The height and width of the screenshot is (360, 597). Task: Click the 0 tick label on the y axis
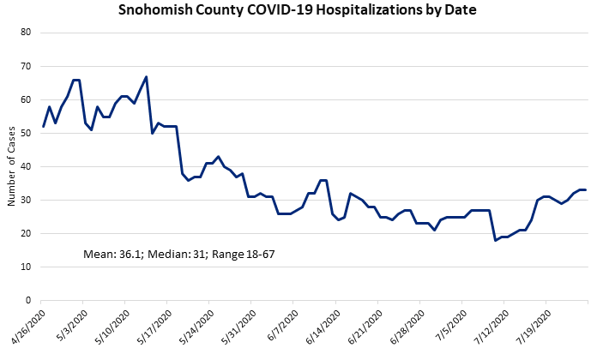27,301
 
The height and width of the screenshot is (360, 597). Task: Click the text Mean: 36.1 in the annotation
110,255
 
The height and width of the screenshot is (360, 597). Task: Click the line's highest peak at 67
147,77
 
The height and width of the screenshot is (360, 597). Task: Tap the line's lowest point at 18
496,240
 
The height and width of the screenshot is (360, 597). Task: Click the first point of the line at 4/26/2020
43,127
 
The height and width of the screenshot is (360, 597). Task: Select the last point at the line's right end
586,190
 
